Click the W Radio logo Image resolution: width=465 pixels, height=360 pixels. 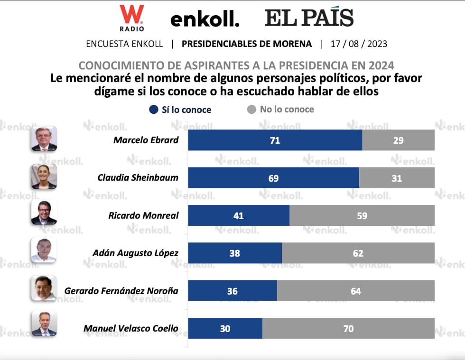(x=131, y=18)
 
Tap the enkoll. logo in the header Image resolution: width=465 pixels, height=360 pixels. (x=205, y=19)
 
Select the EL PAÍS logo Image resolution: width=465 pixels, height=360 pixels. (x=309, y=18)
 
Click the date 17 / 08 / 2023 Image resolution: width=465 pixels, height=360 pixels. (x=359, y=44)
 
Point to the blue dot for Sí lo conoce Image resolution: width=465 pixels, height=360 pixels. (x=153, y=110)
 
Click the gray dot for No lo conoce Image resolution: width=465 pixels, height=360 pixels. (x=251, y=110)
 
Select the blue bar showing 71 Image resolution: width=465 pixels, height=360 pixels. (x=275, y=140)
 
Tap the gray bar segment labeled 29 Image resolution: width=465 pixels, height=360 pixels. (x=398, y=140)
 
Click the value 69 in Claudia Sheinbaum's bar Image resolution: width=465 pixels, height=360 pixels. (x=273, y=178)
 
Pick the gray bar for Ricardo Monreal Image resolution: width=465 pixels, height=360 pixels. (x=362, y=216)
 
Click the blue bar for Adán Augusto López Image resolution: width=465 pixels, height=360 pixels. (x=235, y=253)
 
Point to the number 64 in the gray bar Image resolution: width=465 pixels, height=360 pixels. (x=355, y=291)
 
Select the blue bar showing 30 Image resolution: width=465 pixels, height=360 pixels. (x=225, y=328)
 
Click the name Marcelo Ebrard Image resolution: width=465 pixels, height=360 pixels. (x=146, y=140)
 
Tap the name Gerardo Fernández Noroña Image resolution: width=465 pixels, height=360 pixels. (x=121, y=290)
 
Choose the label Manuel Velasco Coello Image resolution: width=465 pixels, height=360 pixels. (x=131, y=328)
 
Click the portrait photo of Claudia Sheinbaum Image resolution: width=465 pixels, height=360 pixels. (x=44, y=177)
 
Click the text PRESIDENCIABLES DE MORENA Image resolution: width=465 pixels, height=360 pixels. (x=247, y=44)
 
